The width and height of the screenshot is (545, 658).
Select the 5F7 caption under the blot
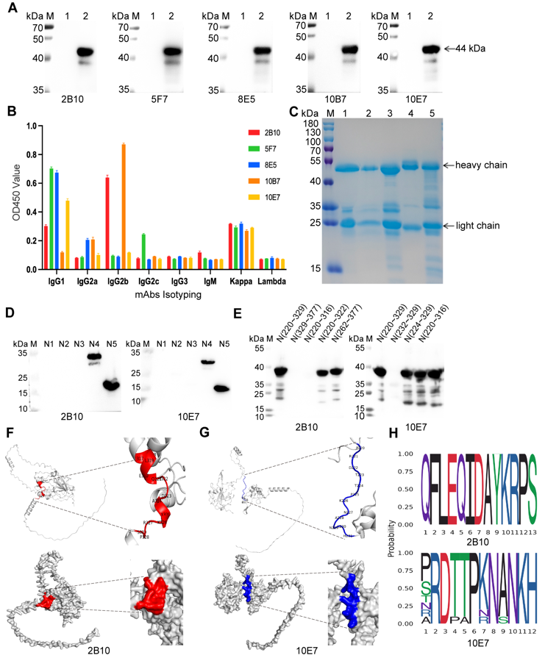coord(160,96)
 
